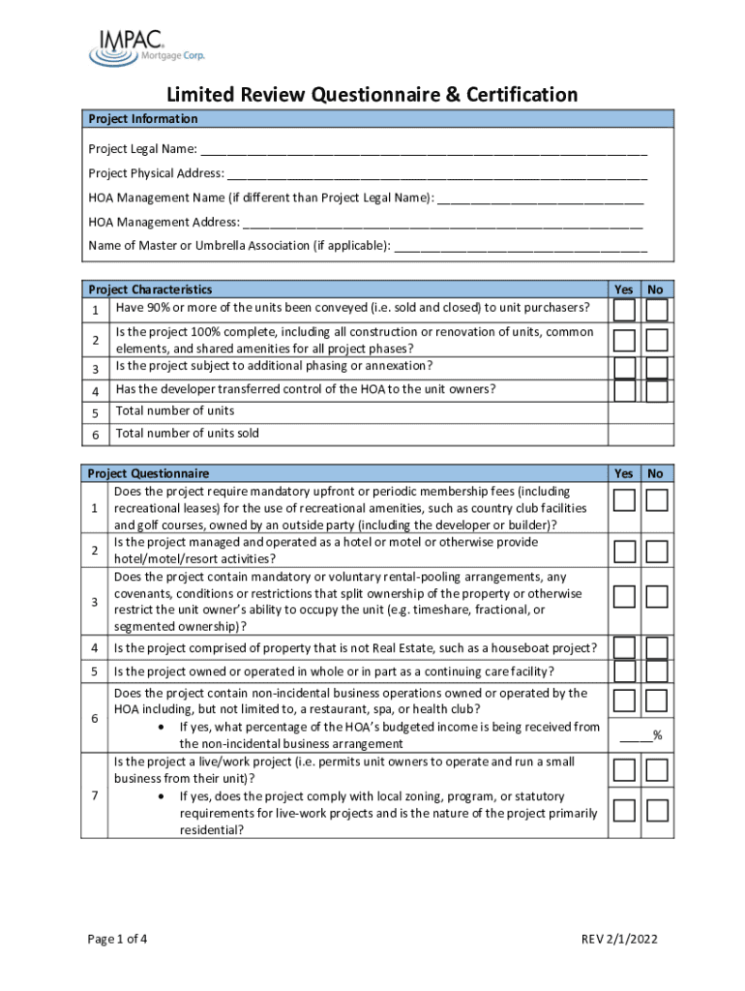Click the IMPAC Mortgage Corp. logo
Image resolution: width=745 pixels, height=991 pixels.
pyautogui.click(x=146, y=46)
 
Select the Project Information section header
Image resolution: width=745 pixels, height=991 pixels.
pyautogui.click(x=143, y=119)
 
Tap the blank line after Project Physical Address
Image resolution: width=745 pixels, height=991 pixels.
pyautogui.click(x=437, y=174)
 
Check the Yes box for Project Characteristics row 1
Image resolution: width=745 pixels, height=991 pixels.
pyautogui.click(x=625, y=310)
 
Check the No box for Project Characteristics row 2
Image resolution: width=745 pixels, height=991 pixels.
pyautogui.click(x=657, y=341)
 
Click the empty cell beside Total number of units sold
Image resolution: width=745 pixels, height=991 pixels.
pyautogui.click(x=641, y=434)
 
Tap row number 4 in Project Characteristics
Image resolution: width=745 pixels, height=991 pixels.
pyautogui.click(x=95, y=391)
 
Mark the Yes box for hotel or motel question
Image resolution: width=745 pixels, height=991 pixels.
pyautogui.click(x=625, y=552)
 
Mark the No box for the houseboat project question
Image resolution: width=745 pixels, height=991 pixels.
pyautogui.click(x=657, y=647)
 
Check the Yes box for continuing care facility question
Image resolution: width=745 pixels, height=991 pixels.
pyautogui.click(x=625, y=671)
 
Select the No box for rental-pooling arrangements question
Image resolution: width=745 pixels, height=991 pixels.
pyautogui.click(x=657, y=595)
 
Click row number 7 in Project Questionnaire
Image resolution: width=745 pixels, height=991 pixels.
pyautogui.click(x=95, y=796)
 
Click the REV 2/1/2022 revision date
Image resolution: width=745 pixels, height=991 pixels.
pyautogui.click(x=620, y=939)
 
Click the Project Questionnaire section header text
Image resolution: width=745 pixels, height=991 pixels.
pyautogui.click(x=148, y=473)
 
